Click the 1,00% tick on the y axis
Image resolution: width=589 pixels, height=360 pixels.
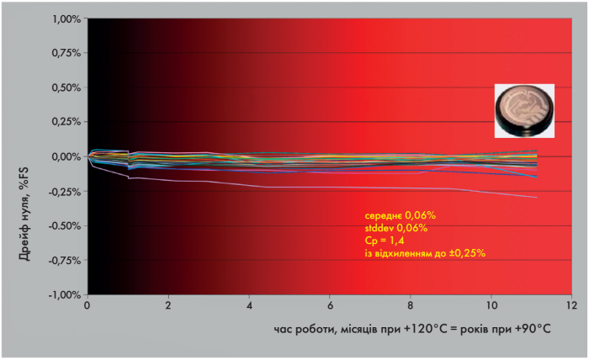click(x=66, y=18)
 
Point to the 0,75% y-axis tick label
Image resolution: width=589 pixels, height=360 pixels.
click(x=66, y=52)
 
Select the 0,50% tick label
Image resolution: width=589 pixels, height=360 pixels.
click(x=66, y=87)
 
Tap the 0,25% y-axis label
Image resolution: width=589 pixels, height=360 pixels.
click(x=66, y=121)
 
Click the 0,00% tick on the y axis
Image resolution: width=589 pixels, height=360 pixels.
click(x=66, y=156)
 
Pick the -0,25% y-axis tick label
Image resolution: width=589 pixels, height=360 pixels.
click(x=64, y=191)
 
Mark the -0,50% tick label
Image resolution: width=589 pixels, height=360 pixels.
click(x=64, y=225)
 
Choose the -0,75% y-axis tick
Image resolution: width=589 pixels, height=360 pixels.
click(x=64, y=260)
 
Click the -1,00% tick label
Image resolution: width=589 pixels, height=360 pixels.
click(x=64, y=294)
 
